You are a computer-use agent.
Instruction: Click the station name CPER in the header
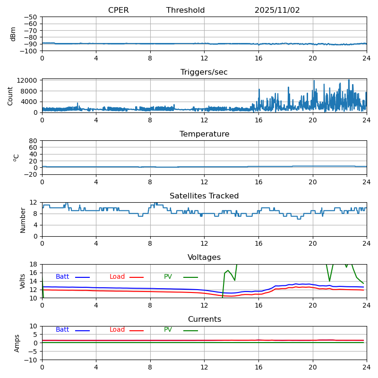tap(118, 10)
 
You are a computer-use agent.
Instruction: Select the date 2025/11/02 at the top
tap(277, 10)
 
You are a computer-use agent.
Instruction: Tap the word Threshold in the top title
tap(185, 10)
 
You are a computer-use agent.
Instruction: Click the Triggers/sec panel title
tap(204, 72)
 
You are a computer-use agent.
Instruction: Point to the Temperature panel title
tap(204, 134)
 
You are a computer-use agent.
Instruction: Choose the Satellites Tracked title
tap(204, 196)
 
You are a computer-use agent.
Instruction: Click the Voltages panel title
tap(204, 258)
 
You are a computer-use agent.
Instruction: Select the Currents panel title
tap(204, 319)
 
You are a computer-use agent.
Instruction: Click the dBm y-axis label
tap(13, 34)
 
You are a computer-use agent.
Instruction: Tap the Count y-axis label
tap(10, 95)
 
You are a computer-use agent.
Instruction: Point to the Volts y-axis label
tap(23, 281)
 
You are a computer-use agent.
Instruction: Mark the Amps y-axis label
tap(17, 343)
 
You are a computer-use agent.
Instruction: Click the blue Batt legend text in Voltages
tap(62, 277)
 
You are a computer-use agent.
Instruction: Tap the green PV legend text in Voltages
tap(168, 277)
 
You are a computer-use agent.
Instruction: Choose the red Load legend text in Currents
tap(117, 330)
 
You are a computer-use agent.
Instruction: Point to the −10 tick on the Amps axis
tap(32, 360)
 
